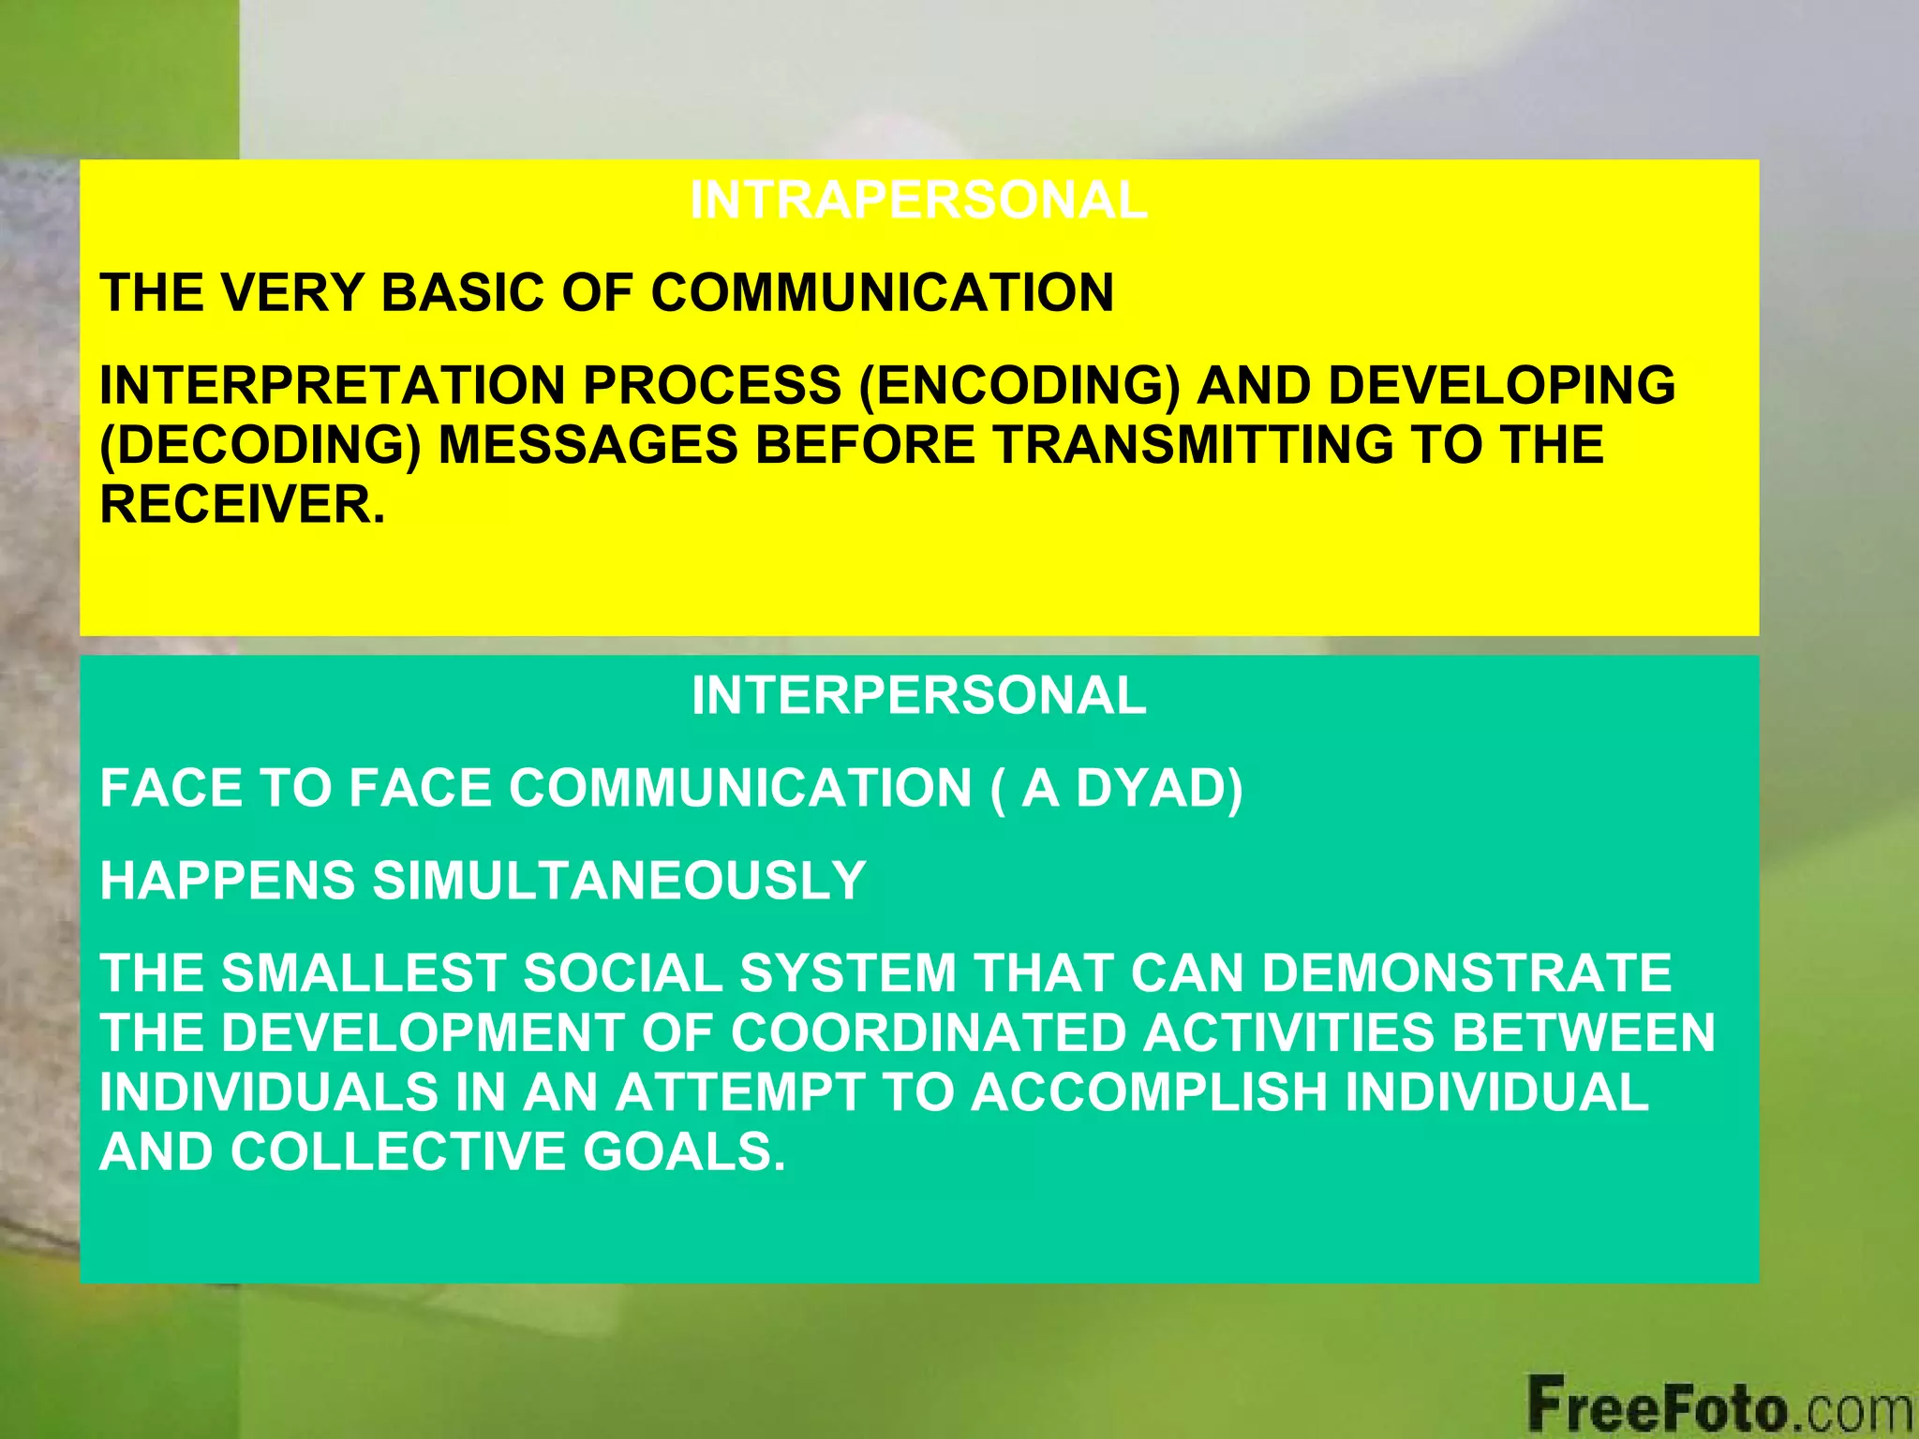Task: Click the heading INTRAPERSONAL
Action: pos(918,200)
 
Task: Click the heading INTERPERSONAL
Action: pos(918,696)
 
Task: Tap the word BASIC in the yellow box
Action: pos(463,292)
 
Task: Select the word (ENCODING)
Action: pos(1019,385)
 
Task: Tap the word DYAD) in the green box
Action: pos(1159,788)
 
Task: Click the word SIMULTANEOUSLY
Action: pos(619,881)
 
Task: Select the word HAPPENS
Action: pos(228,881)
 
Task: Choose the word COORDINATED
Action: pos(928,1032)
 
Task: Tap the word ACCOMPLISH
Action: pos(1149,1092)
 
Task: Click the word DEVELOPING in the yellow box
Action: pos(1501,385)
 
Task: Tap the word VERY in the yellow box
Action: pos(291,292)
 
